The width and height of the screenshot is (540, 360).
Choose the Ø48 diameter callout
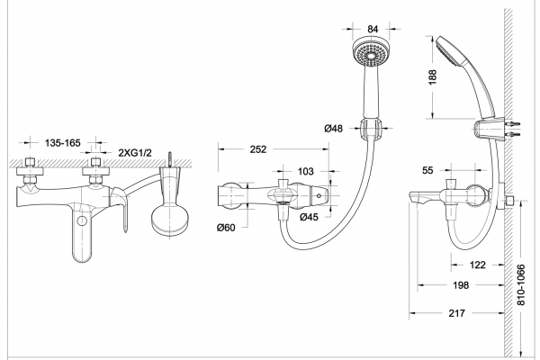(x=333, y=129)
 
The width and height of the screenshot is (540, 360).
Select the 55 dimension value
(x=429, y=168)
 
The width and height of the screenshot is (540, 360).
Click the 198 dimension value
(x=460, y=286)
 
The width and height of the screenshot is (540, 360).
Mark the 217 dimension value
(x=455, y=313)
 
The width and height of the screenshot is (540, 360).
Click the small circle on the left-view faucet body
(x=84, y=220)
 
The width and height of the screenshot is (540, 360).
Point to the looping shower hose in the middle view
(x=342, y=216)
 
